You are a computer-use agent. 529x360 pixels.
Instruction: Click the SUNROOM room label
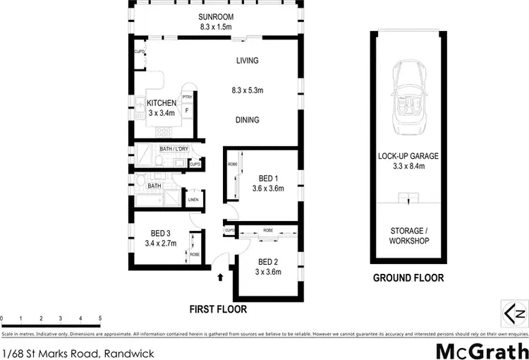pyautogui.click(x=217, y=17)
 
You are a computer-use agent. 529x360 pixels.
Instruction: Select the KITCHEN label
pyautogui.click(x=162, y=104)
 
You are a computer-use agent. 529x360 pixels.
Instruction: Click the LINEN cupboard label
pyautogui.click(x=193, y=200)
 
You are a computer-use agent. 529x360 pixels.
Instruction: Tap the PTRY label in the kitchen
pyautogui.click(x=188, y=97)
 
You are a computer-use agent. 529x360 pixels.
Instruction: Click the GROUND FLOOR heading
pyautogui.click(x=408, y=278)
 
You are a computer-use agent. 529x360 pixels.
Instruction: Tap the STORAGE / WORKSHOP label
pyautogui.click(x=408, y=236)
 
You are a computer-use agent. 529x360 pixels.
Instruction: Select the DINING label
pyautogui.click(x=247, y=120)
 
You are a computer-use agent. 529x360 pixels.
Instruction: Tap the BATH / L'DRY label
pyautogui.click(x=174, y=149)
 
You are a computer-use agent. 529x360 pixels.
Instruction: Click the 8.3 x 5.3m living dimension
pyautogui.click(x=247, y=90)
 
